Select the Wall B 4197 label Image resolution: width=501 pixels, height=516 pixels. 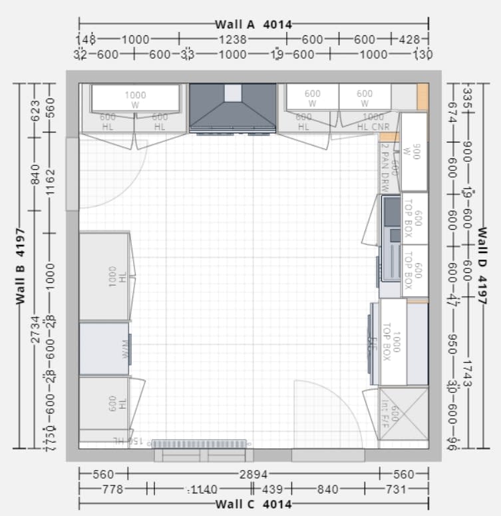tap(21, 266)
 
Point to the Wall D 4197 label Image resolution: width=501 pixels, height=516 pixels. tap(482, 266)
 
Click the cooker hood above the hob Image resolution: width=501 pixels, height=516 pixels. tap(232, 107)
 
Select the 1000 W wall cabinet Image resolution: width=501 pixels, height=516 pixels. tap(135, 99)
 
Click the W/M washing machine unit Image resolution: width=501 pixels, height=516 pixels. tap(104, 349)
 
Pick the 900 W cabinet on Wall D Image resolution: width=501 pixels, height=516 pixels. tap(414, 152)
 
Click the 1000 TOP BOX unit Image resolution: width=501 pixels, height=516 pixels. tap(393, 342)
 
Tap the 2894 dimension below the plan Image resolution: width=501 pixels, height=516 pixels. tap(253, 474)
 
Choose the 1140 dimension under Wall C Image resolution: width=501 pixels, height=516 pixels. tap(203, 489)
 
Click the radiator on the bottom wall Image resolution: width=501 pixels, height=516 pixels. tap(199, 443)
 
